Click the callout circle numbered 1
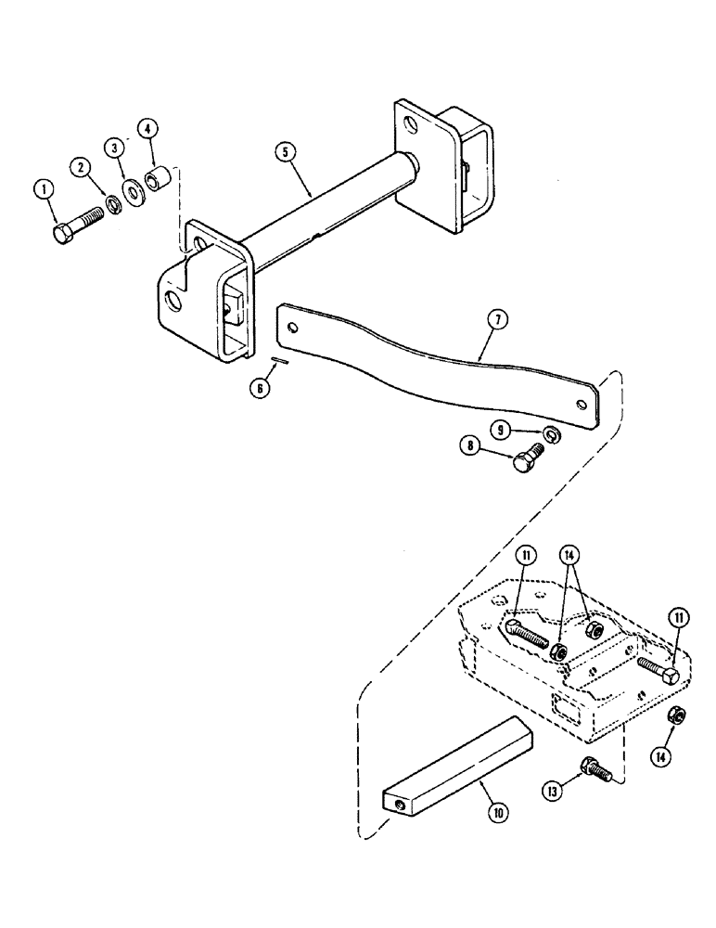[41, 190]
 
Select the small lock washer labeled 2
[110, 202]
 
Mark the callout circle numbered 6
[262, 387]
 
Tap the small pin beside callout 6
[278, 361]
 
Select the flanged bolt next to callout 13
[591, 767]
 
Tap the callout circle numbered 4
[147, 127]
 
